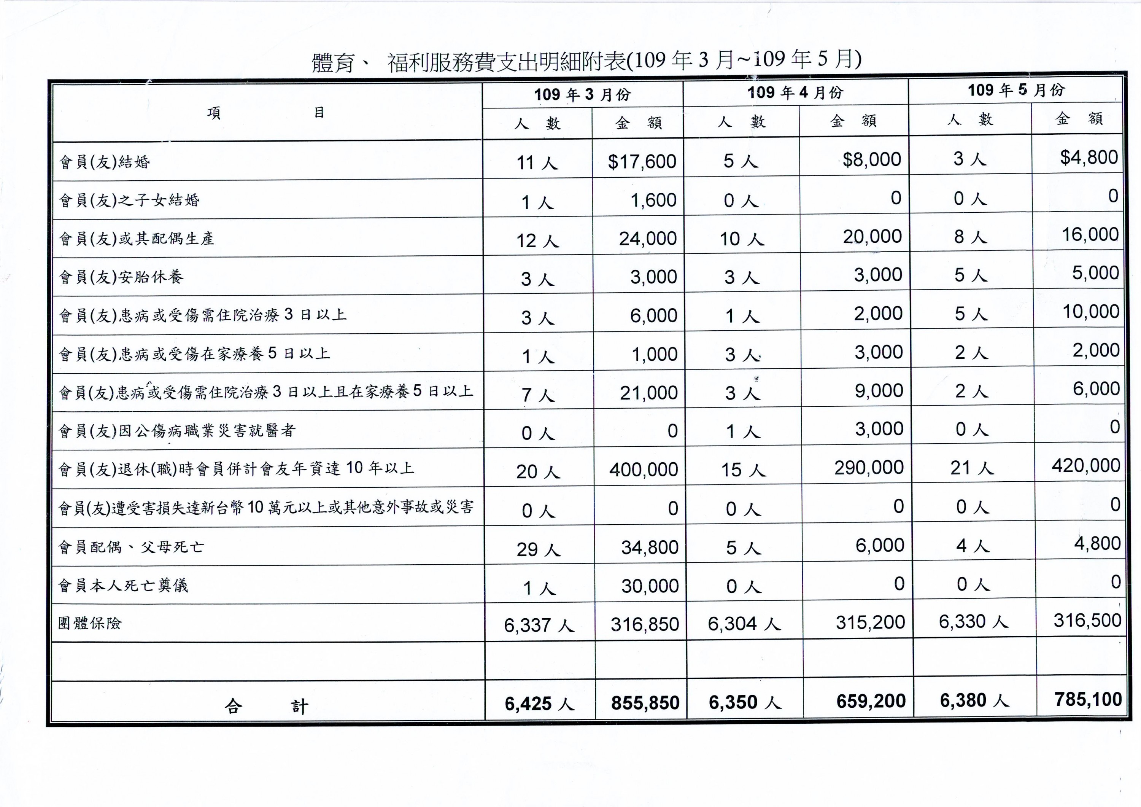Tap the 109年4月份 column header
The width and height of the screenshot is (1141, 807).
(795, 92)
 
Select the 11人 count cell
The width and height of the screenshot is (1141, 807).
(537, 162)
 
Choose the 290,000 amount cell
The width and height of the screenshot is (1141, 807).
(869, 467)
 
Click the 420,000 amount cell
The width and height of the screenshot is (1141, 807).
(1086, 465)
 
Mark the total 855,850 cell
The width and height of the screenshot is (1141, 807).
(645, 703)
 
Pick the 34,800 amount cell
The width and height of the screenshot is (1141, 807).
(650, 548)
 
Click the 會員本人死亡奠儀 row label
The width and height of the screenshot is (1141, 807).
(123, 585)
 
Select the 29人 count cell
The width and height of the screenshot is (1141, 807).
(538, 549)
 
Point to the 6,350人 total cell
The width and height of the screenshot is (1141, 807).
(744, 702)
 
